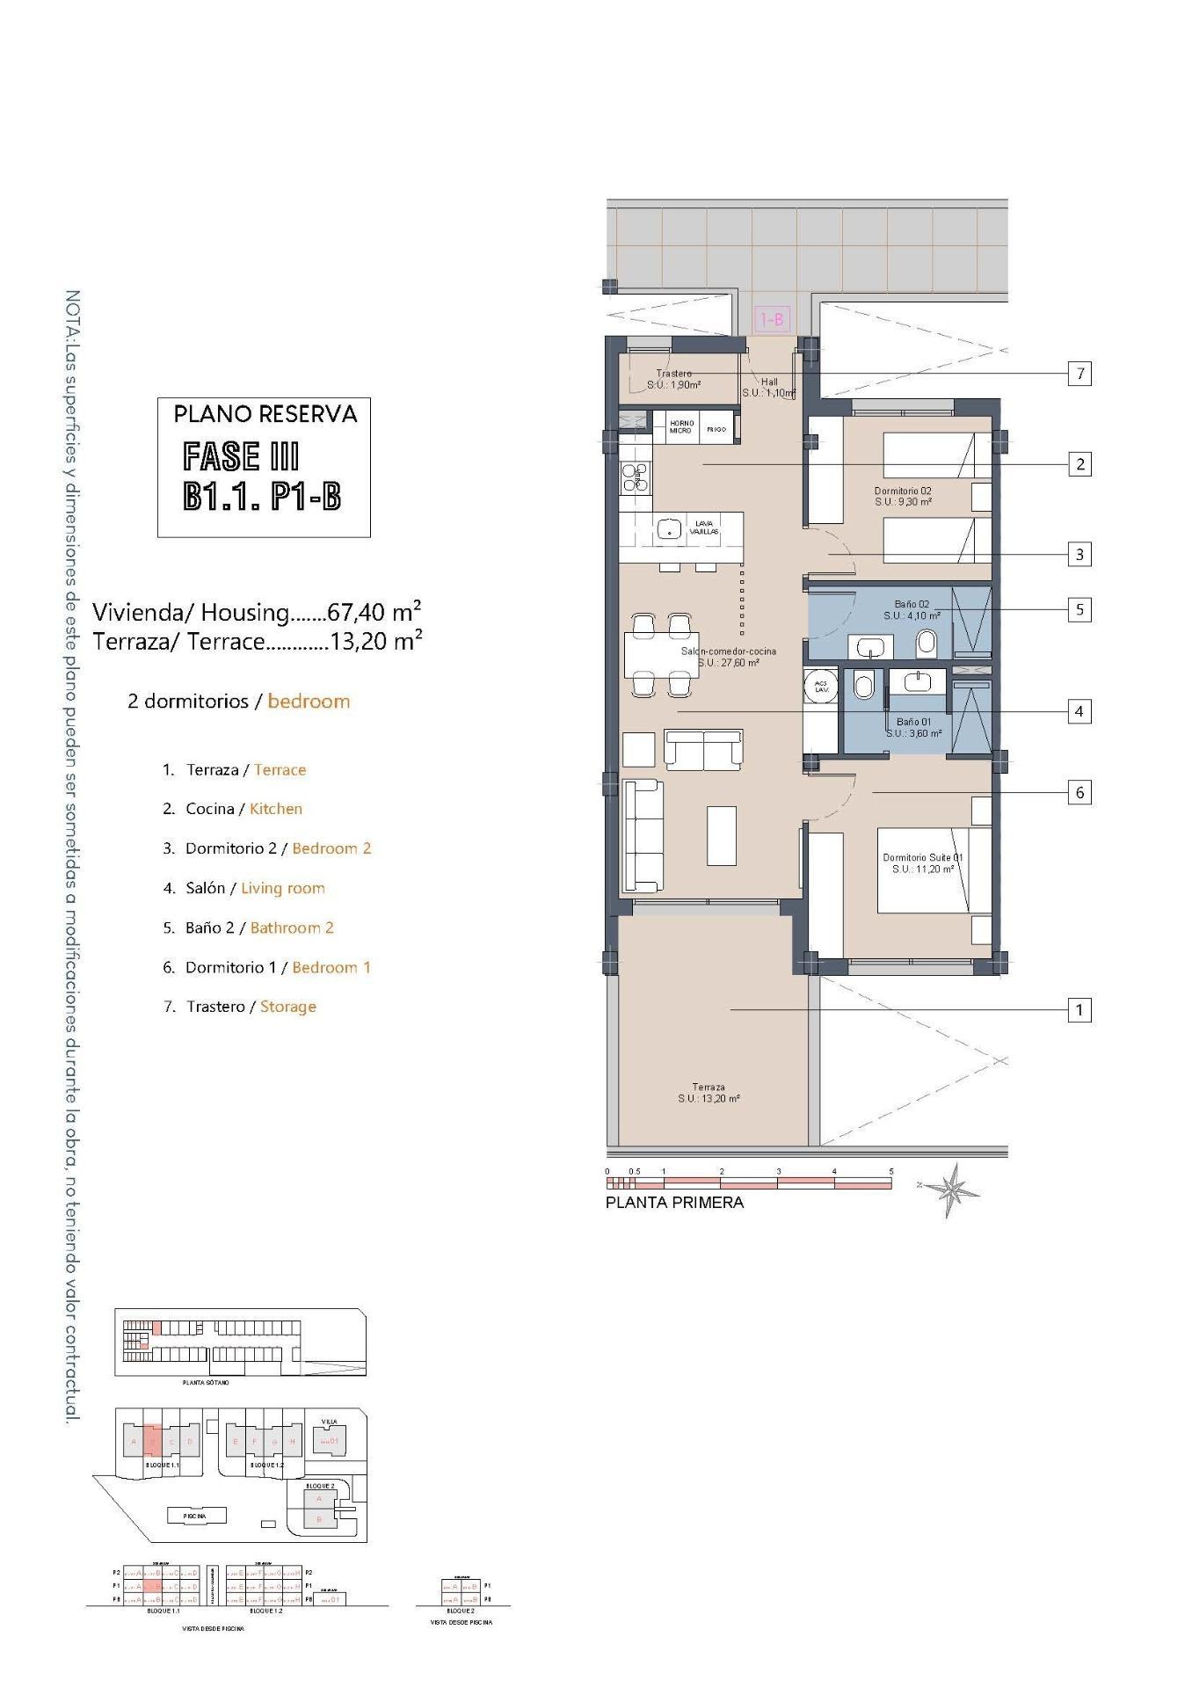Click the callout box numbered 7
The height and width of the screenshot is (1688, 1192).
(x=1079, y=374)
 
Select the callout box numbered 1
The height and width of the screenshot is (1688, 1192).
(x=1079, y=1010)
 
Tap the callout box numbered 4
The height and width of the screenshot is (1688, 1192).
(x=1079, y=711)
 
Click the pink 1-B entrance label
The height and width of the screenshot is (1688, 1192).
(x=772, y=320)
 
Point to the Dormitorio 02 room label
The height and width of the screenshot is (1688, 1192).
(x=903, y=496)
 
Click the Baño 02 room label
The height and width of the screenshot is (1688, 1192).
(x=912, y=610)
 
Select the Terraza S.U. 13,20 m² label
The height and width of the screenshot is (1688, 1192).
(x=709, y=1093)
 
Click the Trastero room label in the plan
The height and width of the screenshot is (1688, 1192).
(x=674, y=379)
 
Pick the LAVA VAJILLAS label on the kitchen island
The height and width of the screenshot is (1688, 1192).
(x=704, y=527)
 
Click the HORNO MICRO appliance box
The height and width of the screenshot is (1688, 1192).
(x=681, y=427)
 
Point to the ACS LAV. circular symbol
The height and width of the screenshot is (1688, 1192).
(x=821, y=687)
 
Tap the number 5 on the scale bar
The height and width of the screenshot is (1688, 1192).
(x=891, y=1172)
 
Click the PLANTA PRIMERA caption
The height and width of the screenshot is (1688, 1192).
(x=674, y=1203)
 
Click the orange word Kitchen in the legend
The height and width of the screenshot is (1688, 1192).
(x=276, y=809)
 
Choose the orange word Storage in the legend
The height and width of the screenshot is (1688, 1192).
(x=287, y=1007)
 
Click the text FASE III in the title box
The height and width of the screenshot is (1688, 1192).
(x=241, y=457)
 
